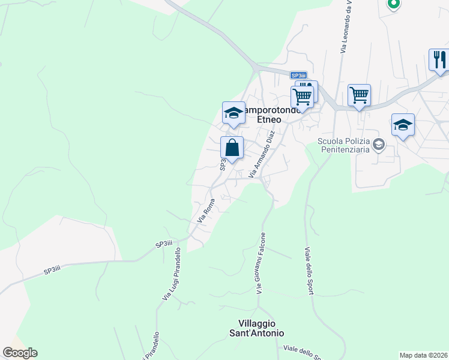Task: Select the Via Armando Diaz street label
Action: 261,154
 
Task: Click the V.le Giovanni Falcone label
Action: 261,262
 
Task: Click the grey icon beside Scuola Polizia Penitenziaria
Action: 379,144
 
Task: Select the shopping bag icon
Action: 232,148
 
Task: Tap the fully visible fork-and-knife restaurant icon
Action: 439,60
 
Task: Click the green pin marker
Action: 393,4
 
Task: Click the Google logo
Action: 20,353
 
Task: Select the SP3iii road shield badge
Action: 298,75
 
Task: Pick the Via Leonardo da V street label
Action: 345,27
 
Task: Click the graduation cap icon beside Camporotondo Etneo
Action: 234,113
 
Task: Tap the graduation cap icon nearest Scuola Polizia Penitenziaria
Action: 403,125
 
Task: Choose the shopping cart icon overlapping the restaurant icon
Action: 303,97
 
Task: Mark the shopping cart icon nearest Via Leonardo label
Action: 359,95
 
